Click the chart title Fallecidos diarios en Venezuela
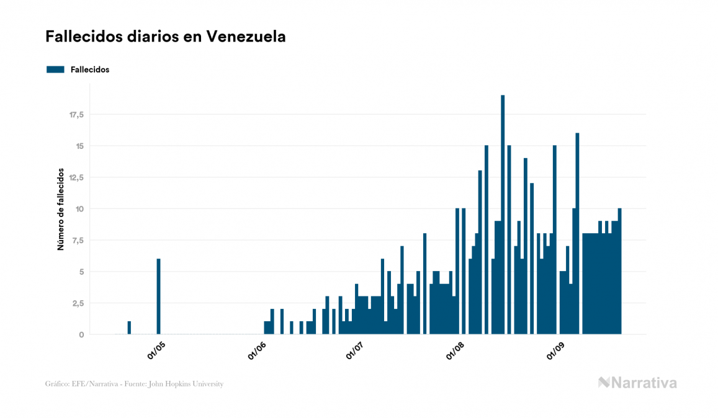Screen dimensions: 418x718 tap(165, 37)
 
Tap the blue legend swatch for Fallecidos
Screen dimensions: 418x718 tap(55, 69)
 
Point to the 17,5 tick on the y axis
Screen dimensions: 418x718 tap(76, 115)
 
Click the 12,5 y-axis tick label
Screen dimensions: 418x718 tap(76, 177)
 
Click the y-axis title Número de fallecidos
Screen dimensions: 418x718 tap(61, 208)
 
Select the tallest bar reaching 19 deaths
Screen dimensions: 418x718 tap(503, 215)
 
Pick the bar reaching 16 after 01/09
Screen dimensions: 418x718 tap(577, 233)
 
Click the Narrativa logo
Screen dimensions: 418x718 tap(637, 383)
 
